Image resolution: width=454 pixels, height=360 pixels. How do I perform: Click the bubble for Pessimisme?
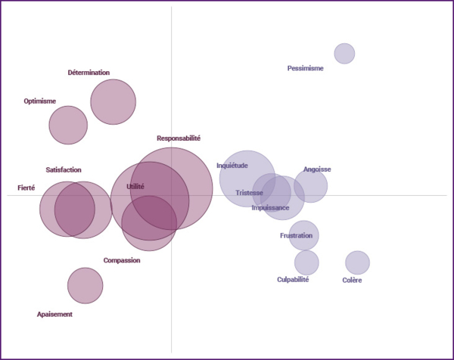[x=344, y=54]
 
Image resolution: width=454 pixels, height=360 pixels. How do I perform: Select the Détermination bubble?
[x=113, y=101]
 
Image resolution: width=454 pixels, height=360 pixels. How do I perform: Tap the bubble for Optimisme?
[x=68, y=125]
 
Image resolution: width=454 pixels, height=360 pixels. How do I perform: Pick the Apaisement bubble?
[x=85, y=285]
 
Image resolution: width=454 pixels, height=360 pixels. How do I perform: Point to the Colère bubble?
[x=357, y=262]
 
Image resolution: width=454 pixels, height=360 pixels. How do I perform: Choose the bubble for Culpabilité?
[x=306, y=262]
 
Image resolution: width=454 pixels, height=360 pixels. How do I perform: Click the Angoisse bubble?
[x=311, y=185]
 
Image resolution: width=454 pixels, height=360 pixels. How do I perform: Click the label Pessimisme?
[x=306, y=68]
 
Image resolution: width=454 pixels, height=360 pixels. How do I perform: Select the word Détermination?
[x=89, y=73]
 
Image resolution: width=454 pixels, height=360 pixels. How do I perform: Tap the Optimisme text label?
[x=40, y=101]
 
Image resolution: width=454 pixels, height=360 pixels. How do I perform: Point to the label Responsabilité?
[x=179, y=138]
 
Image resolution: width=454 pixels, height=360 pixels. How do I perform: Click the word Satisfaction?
[x=64, y=170]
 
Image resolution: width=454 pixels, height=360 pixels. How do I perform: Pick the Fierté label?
[x=26, y=188]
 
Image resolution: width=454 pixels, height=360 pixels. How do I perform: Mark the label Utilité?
[x=135, y=186]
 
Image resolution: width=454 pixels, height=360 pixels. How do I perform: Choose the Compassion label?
[x=122, y=260]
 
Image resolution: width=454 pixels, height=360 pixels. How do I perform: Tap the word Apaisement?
[x=54, y=314]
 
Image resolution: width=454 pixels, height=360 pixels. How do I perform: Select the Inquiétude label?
[x=232, y=166]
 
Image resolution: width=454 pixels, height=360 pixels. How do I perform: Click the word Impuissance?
[x=270, y=207]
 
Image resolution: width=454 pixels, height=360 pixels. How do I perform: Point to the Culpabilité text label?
[x=293, y=280]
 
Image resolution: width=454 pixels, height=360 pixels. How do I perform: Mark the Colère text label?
[x=352, y=281]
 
